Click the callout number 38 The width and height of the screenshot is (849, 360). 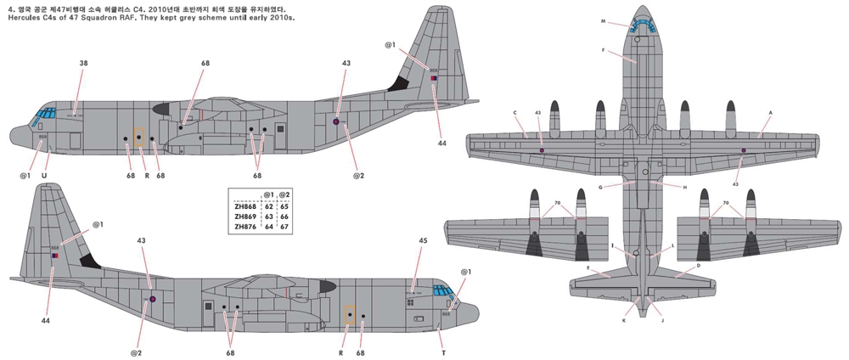point(83,63)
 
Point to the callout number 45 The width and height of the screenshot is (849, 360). point(423,239)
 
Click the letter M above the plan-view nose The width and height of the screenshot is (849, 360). point(627,20)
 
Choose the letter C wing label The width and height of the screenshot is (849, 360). point(514,112)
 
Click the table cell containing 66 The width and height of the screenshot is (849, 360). point(284,217)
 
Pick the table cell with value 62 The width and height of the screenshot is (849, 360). point(268,205)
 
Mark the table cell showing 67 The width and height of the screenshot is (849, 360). point(284,227)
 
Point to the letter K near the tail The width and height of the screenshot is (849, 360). point(624,321)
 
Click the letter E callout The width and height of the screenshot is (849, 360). point(587,267)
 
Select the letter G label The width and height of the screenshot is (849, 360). point(599,187)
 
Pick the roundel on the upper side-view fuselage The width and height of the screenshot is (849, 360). point(335,122)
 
